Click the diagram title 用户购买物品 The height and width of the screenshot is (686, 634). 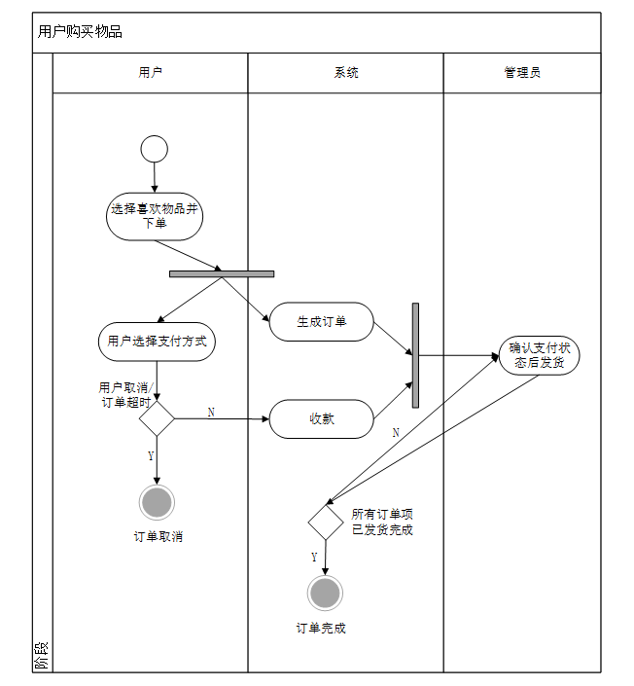point(81,32)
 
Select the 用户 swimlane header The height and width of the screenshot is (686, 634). point(151,73)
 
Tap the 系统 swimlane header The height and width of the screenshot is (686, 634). point(346,73)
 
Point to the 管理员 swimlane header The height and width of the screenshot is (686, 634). point(522,73)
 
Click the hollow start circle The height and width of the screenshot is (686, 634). point(154,149)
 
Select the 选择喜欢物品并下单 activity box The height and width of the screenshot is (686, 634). point(155,216)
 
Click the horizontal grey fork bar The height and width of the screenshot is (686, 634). point(222,273)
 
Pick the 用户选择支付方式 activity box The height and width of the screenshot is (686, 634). point(157,342)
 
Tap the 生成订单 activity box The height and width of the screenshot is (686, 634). point(321,322)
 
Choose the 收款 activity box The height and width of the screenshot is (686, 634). point(321,419)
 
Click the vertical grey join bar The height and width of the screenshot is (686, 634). point(415,355)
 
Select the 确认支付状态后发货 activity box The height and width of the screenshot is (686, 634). point(540,355)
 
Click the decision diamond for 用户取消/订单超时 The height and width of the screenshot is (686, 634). point(157,419)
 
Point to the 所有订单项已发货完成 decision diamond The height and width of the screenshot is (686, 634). point(326,522)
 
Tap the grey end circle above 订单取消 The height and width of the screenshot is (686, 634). point(157,502)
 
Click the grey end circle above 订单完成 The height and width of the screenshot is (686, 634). point(325,593)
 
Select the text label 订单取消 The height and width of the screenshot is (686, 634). point(158,536)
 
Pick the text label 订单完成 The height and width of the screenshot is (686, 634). point(321,629)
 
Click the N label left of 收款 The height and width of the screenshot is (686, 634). point(211,413)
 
